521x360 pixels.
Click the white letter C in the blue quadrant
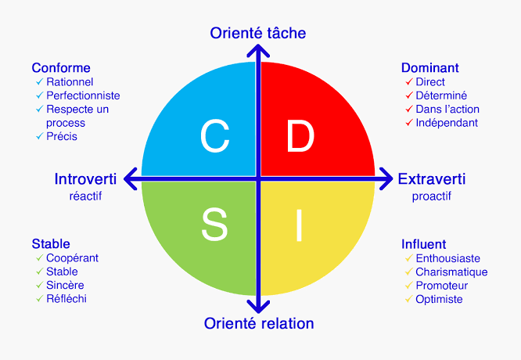215,136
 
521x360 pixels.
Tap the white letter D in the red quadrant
300,136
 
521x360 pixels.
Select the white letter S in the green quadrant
214,224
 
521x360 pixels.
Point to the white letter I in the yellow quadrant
299,225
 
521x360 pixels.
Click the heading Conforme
61,68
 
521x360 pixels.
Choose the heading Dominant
430,68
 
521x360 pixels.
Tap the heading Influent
424,244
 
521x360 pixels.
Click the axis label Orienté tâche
258,33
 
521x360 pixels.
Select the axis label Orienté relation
259,323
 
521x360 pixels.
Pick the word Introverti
85,179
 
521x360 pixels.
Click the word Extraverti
432,179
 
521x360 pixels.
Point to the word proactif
432,196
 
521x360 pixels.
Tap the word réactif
85,196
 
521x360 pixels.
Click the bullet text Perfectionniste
83,95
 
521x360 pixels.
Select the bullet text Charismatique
451,272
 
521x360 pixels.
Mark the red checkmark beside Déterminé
409,95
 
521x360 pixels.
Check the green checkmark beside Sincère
40,285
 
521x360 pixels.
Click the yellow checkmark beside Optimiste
408,299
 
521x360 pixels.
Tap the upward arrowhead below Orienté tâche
258,51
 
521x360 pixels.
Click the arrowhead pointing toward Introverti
130,179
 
